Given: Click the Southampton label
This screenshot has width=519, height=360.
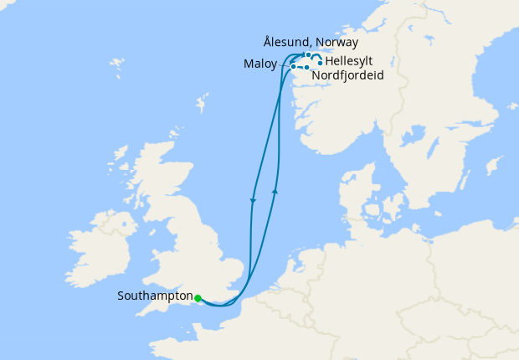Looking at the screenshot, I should [156, 296].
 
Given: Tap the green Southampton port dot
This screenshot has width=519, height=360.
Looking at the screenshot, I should [198, 297].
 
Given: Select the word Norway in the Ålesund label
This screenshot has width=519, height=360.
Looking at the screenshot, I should [337, 42].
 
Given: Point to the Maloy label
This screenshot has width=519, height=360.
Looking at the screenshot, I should [259, 64].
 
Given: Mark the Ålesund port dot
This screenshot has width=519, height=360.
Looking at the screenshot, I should [308, 55].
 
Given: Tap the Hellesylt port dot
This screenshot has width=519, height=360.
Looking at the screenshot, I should [321, 63].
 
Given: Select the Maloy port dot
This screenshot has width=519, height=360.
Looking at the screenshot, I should [292, 65].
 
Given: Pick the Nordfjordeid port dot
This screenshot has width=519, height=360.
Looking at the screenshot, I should [307, 67].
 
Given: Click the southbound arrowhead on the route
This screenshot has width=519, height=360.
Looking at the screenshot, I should [253, 200].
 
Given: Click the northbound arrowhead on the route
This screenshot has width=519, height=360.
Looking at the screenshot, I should [275, 192].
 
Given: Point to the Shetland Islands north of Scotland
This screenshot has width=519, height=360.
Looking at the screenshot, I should [202, 106].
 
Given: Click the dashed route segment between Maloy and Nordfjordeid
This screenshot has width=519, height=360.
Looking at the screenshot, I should [300, 67].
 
